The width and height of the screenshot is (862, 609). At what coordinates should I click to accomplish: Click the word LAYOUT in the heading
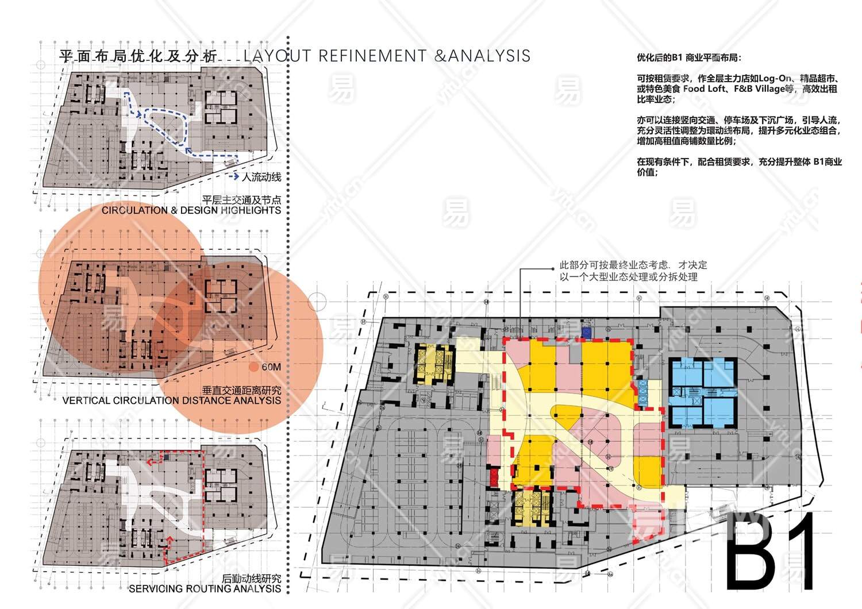click(x=277, y=56)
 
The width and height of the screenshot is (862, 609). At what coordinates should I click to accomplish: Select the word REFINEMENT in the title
click(x=372, y=56)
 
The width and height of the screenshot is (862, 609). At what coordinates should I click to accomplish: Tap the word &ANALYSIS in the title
click(x=483, y=56)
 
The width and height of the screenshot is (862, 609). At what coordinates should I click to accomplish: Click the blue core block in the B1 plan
click(x=703, y=391)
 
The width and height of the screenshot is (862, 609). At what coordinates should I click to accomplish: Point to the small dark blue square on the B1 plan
click(x=586, y=332)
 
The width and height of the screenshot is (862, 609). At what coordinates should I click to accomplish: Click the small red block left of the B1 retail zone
click(x=494, y=476)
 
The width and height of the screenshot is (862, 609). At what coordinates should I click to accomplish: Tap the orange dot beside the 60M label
click(x=253, y=367)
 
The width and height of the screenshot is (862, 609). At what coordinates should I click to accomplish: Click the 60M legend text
click(x=271, y=367)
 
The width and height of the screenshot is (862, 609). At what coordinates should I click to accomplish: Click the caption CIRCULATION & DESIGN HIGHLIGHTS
click(x=191, y=210)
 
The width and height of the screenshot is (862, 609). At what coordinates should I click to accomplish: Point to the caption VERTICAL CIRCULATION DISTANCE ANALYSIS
click(x=171, y=400)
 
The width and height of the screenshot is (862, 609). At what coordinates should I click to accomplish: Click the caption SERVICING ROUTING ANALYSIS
click(x=205, y=588)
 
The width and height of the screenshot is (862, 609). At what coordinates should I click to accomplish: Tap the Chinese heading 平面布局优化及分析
click(x=138, y=56)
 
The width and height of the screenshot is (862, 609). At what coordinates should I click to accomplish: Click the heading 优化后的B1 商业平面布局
click(x=689, y=57)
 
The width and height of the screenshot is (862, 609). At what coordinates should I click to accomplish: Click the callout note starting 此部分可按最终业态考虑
click(x=633, y=271)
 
